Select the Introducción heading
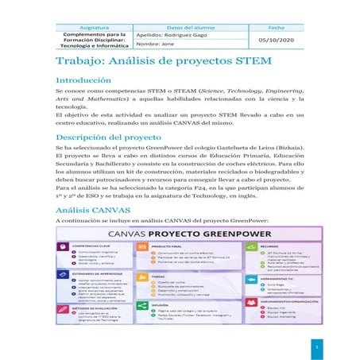point(83,81)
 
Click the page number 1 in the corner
point(315,347)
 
